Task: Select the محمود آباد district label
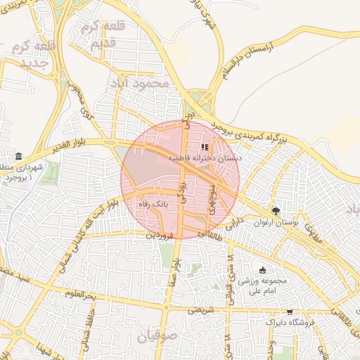[x=139, y=83]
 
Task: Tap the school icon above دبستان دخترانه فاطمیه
[x=205, y=148]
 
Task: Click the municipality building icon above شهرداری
[x=18, y=156]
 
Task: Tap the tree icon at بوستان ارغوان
[x=276, y=211]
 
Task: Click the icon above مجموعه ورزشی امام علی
[x=263, y=271]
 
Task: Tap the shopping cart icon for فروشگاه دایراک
[x=289, y=311]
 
